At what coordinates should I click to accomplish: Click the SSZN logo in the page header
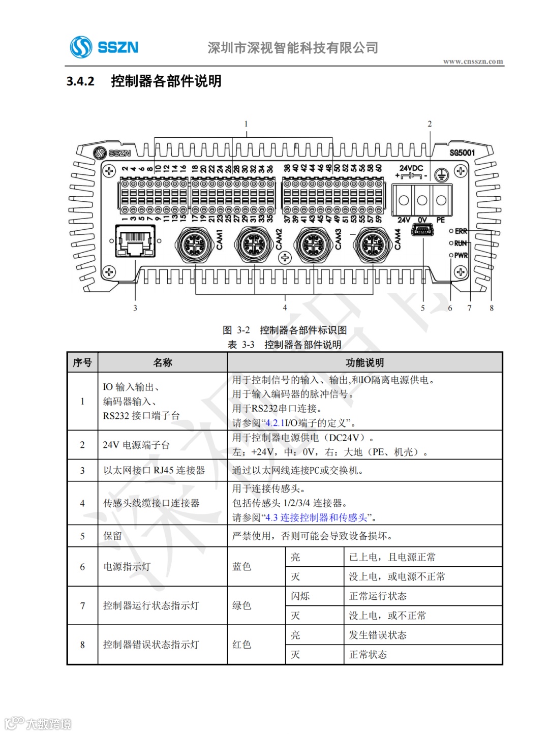(104, 47)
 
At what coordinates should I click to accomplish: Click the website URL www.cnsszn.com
(473, 62)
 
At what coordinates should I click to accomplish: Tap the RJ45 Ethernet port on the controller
(135, 241)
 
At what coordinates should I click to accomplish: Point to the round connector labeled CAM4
(373, 244)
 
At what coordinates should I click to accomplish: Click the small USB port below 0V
(422, 231)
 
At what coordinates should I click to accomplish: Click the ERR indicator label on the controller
(461, 231)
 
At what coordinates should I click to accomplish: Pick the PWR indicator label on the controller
(461, 255)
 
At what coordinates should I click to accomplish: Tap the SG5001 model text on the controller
(462, 152)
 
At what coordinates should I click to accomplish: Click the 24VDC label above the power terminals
(411, 168)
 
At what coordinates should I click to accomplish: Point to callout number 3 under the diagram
(135, 308)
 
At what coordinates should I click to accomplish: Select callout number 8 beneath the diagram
(492, 308)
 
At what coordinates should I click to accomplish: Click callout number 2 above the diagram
(430, 124)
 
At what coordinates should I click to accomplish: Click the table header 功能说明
(364, 362)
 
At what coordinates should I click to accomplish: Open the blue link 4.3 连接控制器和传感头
(316, 517)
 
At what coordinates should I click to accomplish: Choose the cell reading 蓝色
(242, 566)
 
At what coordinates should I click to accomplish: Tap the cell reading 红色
(242, 645)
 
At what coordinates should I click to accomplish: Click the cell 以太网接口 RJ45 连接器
(154, 470)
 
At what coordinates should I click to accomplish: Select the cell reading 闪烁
(300, 596)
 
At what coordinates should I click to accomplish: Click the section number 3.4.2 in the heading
(80, 81)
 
